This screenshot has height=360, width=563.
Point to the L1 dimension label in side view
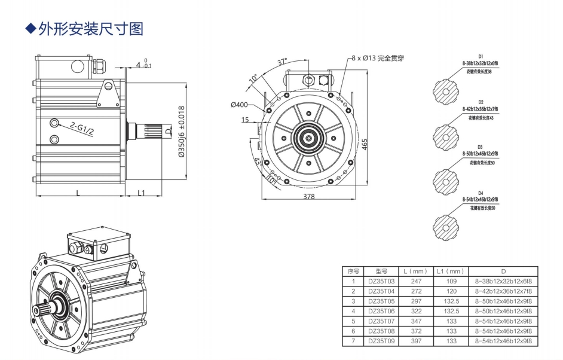(x=141, y=192)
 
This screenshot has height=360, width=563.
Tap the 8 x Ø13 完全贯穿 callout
(x=378, y=58)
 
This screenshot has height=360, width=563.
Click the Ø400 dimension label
(x=239, y=105)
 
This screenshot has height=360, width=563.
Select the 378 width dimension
(x=308, y=196)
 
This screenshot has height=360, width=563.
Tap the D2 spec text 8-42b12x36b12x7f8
(x=480, y=109)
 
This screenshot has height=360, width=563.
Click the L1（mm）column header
(x=451, y=271)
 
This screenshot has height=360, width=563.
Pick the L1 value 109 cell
(x=451, y=280)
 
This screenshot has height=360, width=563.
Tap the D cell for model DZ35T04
(x=503, y=291)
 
